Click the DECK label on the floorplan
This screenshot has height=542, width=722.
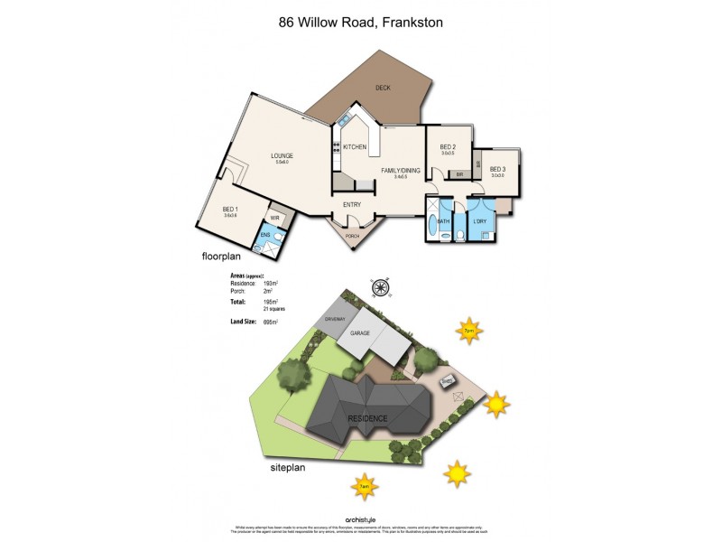tap(383, 88)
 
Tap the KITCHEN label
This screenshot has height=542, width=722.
tap(354, 146)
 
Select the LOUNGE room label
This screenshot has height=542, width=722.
tap(282, 156)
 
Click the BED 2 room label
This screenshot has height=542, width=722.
tap(448, 147)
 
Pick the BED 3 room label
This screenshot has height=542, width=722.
tap(497, 169)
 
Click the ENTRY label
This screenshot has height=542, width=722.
tap(352, 205)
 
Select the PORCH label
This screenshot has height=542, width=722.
tap(351, 237)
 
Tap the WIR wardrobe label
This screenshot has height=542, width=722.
tap(274, 218)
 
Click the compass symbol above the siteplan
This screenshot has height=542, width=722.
tap(380, 288)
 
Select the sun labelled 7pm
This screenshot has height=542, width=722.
tap(468, 331)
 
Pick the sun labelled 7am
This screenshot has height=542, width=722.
tap(364, 486)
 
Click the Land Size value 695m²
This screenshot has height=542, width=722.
tap(270, 322)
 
